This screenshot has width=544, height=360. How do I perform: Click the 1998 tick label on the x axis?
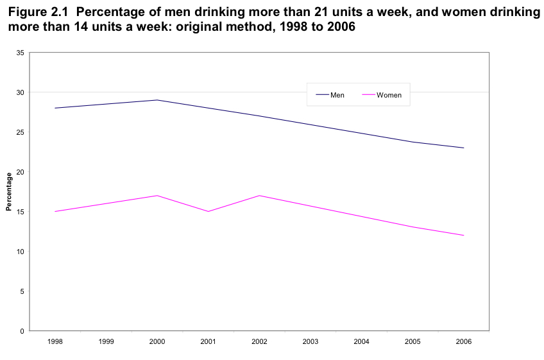(55, 342)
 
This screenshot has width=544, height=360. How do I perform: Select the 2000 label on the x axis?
(157, 342)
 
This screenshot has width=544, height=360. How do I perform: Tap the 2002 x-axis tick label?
(259, 342)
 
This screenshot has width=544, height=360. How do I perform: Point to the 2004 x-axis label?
(361, 342)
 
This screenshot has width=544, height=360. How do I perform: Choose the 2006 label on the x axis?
(463, 342)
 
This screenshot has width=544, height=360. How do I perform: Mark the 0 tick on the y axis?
(22, 331)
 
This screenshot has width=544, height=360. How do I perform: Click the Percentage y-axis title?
(9, 192)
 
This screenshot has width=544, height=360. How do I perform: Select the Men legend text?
(337, 95)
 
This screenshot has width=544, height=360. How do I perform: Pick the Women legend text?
(389, 95)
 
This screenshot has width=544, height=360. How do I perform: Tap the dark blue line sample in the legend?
(322, 95)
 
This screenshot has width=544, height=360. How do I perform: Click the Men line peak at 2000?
(157, 100)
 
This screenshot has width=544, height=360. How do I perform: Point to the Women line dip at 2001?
(208, 211)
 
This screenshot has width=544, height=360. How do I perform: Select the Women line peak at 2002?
(259, 196)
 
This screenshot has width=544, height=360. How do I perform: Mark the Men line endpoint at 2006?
(463, 148)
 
